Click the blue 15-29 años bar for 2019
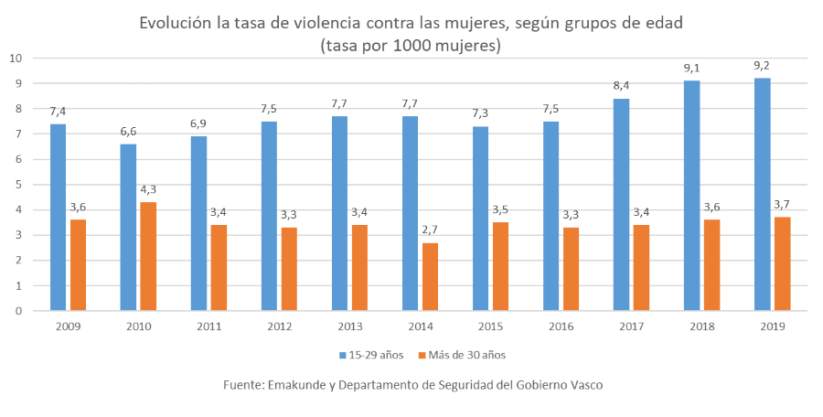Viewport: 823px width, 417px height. [762, 195]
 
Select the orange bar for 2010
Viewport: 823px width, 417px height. [148, 256]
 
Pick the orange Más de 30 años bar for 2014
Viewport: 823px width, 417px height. [430, 276]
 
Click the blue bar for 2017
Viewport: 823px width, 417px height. [621, 205]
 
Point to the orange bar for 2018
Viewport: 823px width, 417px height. [711, 265]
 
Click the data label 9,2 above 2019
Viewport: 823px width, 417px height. [762, 66]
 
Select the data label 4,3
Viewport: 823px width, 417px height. [148, 189]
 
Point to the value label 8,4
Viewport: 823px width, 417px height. [621, 86]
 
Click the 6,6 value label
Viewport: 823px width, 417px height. [128, 132]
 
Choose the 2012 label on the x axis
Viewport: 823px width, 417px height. [279, 326]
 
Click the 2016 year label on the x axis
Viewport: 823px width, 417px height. [561, 326]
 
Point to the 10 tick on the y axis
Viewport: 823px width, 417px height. [15, 59]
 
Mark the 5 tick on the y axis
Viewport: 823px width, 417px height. [17, 185]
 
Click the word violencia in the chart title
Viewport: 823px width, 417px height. [321, 22]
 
